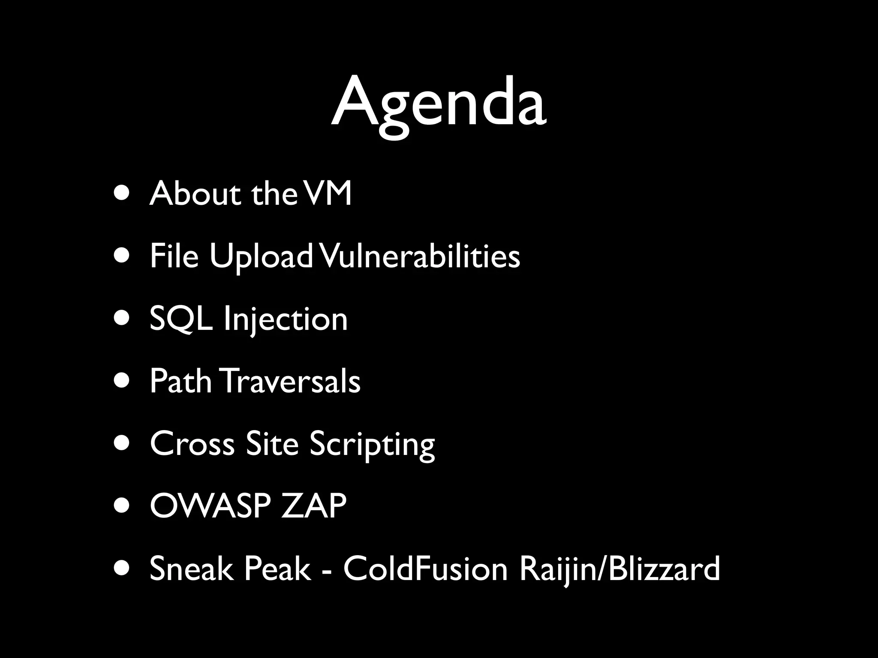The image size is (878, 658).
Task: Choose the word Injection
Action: [286, 320]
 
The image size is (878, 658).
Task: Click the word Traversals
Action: [292, 381]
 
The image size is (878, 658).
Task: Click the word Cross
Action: [192, 443]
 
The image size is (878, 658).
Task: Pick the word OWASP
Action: [210, 506]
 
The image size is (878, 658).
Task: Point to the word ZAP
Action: [313, 506]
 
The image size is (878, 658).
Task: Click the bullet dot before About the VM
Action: [122, 193]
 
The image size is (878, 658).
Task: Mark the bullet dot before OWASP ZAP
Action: [122, 505]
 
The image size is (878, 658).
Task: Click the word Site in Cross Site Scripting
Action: [272, 443]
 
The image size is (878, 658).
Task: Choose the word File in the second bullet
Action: [174, 256]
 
